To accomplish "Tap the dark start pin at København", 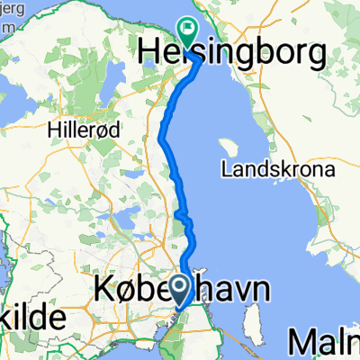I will pyautogui.click(x=180, y=289).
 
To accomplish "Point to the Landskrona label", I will pyautogui.click(x=277, y=168).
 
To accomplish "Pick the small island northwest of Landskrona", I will pyautogui.click(x=228, y=145).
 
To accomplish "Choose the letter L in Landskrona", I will pyautogui.click(x=226, y=168).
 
